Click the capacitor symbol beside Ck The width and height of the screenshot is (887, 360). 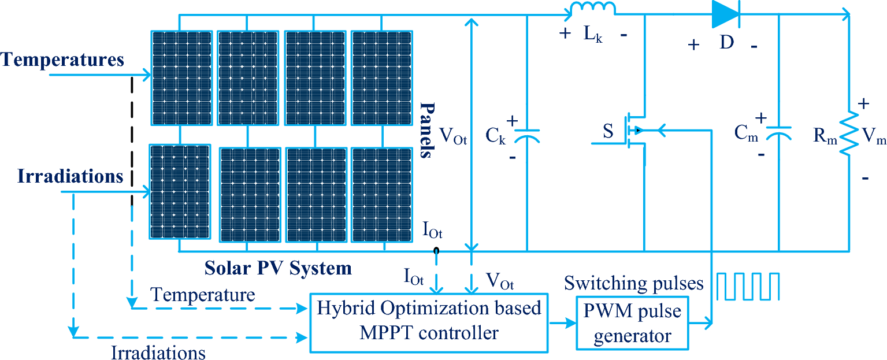tap(527, 135)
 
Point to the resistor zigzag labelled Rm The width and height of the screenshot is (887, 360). tap(849, 133)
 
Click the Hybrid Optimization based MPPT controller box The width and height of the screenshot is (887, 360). tap(429, 322)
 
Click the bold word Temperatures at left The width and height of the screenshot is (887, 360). tap(63, 60)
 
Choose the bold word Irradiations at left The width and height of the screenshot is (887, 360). tap(62, 176)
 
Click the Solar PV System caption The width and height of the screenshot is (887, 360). tap(278, 269)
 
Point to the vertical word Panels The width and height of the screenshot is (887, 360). tap(427, 131)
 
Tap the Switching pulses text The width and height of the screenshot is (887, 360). tap(634, 283)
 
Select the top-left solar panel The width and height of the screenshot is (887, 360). tap(181, 77)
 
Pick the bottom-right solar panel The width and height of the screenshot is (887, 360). tap(381, 194)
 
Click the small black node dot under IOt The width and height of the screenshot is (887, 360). tap(436, 251)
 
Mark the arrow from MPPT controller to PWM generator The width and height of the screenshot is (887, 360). tap(562, 324)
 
